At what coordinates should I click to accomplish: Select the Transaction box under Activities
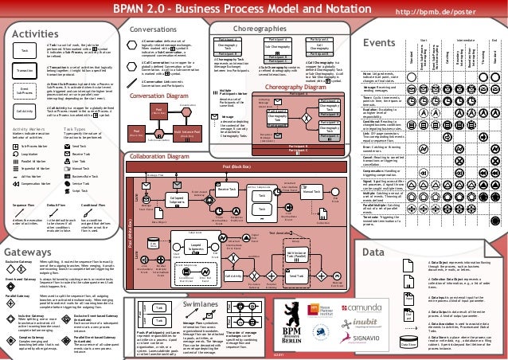[25, 71]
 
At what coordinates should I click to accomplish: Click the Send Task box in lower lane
[295, 275]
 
